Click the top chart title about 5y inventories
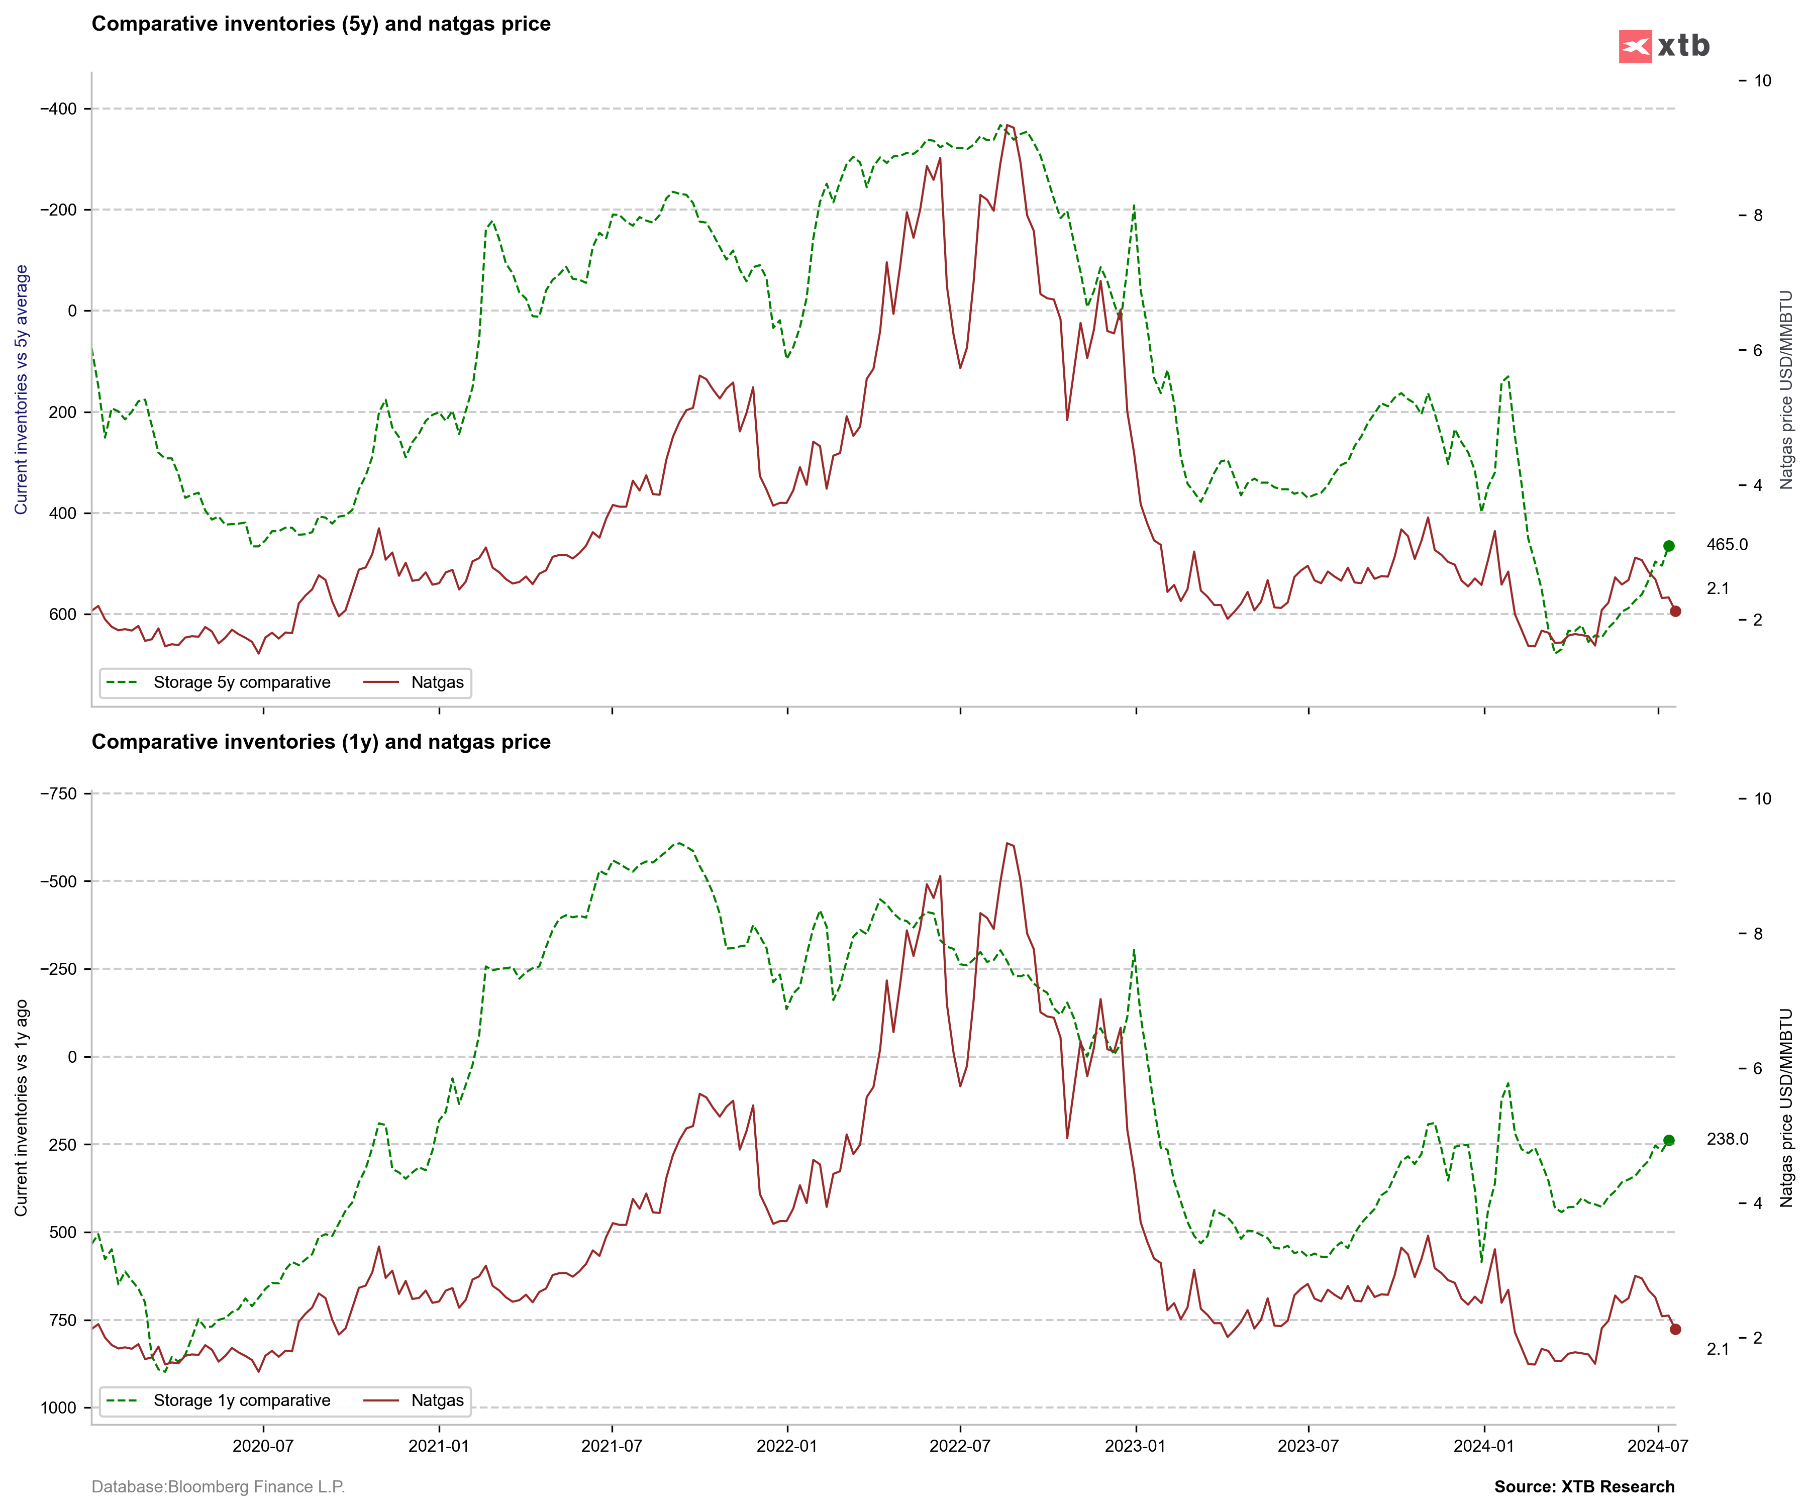click(x=321, y=24)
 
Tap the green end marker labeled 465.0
click(x=1669, y=546)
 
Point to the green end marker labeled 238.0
click(x=1669, y=1140)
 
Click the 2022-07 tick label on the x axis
click(x=960, y=1446)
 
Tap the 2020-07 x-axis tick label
click(x=263, y=1446)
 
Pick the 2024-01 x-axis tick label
click(x=1483, y=1446)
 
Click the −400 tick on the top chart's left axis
click(x=59, y=109)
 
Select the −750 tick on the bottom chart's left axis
click(x=59, y=793)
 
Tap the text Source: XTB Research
click(x=1584, y=1487)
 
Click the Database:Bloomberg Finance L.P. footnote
click(x=218, y=1487)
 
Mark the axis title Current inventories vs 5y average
click(x=22, y=390)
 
